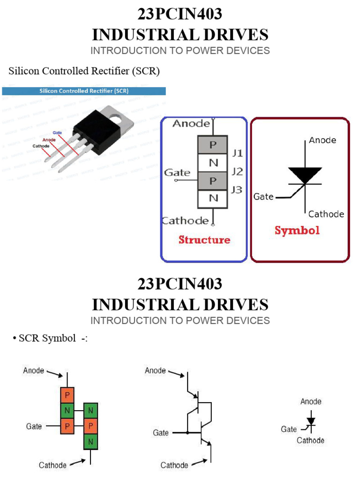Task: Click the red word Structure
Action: tap(204, 240)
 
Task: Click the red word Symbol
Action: tap(297, 230)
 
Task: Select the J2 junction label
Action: tap(237, 172)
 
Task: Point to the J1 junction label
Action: tap(237, 153)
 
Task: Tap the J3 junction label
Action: tap(237, 190)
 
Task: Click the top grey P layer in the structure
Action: tap(213, 145)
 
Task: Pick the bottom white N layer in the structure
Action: tap(213, 198)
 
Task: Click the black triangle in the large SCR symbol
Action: tap(305, 175)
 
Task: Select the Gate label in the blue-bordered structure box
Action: tap(177, 173)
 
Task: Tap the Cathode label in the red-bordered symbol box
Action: tap(326, 214)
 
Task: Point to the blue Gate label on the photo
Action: tap(57, 133)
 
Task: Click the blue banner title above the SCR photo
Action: tap(84, 91)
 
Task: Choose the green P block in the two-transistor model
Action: tap(90, 427)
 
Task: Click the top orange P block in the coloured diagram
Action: tap(67, 396)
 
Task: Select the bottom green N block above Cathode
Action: tap(90, 442)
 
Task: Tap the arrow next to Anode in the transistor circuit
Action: tap(176, 374)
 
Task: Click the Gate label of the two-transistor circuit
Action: tap(161, 433)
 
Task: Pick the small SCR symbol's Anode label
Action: tap(311, 402)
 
